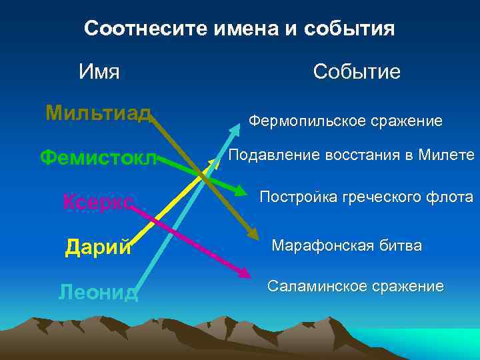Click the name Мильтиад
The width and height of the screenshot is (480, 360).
pos(98,113)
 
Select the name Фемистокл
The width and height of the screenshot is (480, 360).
pos(98,158)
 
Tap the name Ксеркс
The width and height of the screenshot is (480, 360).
pos(98,201)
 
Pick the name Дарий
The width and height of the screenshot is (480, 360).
pos(98,247)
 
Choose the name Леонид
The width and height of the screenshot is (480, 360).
pos(98,292)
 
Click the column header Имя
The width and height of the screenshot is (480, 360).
pos(99,71)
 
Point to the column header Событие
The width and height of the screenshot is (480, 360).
pos(357,71)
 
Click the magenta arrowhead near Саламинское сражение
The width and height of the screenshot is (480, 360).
pos(245,273)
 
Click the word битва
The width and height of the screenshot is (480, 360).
pos(400,246)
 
